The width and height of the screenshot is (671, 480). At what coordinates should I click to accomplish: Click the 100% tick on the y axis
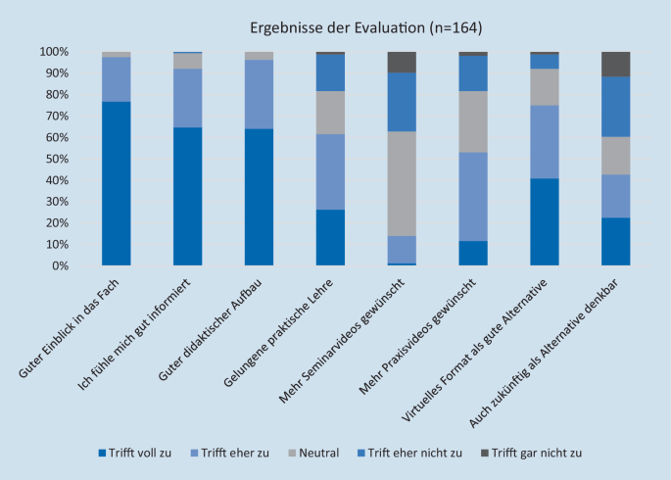coord(54,51)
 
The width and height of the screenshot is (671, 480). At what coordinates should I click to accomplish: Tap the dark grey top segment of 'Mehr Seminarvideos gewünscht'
coord(402,62)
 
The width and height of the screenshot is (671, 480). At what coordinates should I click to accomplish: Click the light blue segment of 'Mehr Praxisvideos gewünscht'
coord(473,196)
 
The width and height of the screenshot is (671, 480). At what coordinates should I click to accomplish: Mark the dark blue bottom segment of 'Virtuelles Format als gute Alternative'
coord(545,221)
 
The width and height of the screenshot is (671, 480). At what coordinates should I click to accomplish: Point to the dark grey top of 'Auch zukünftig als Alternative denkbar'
coord(616,64)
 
